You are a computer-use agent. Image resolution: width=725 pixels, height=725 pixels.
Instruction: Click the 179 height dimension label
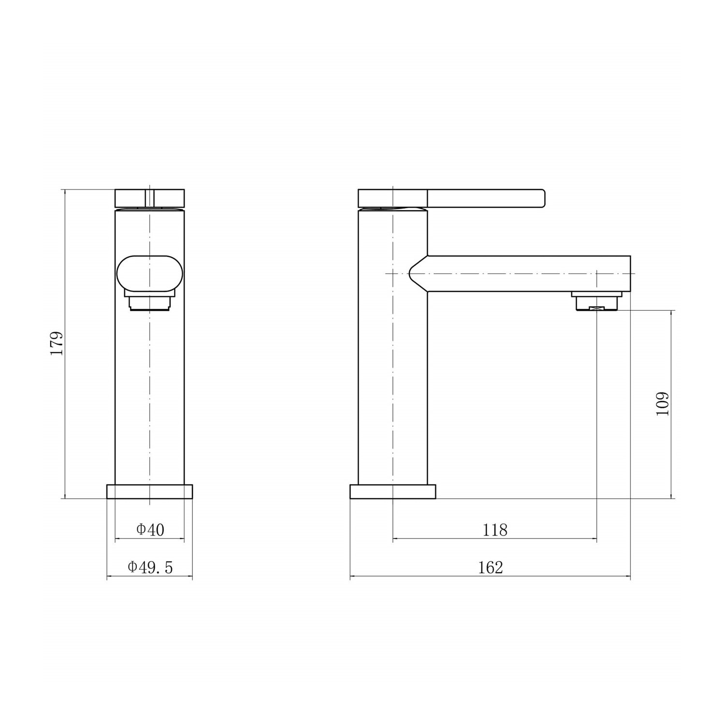[x=57, y=344]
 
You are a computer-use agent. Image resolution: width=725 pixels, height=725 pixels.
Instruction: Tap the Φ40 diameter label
[x=150, y=530]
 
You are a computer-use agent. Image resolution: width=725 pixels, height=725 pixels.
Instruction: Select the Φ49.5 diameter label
[x=150, y=567]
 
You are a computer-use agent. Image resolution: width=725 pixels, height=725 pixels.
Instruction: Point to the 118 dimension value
[x=495, y=530]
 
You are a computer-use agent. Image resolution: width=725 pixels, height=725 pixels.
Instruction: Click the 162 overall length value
[x=491, y=567]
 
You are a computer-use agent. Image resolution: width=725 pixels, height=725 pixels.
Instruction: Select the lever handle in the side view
[x=486, y=199]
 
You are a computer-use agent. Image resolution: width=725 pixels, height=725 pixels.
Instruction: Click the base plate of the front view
[x=149, y=491]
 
